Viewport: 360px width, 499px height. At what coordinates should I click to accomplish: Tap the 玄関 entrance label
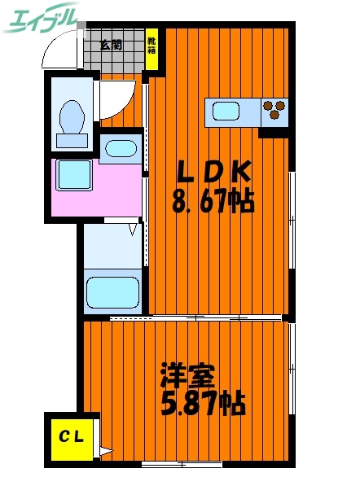click(x=112, y=46)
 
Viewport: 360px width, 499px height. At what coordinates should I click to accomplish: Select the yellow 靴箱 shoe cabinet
click(x=152, y=45)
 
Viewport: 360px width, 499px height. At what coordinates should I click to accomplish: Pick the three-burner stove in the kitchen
click(x=275, y=109)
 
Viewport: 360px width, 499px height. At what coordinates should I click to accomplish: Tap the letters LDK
click(x=216, y=171)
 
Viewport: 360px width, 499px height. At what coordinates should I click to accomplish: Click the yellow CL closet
click(x=71, y=436)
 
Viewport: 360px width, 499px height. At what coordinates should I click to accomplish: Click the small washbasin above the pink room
click(x=121, y=149)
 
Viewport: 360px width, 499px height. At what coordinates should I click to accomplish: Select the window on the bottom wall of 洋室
click(x=182, y=463)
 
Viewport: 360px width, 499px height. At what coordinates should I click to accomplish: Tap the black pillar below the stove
click(x=274, y=131)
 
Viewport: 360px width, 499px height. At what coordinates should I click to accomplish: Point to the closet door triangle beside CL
click(x=104, y=449)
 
